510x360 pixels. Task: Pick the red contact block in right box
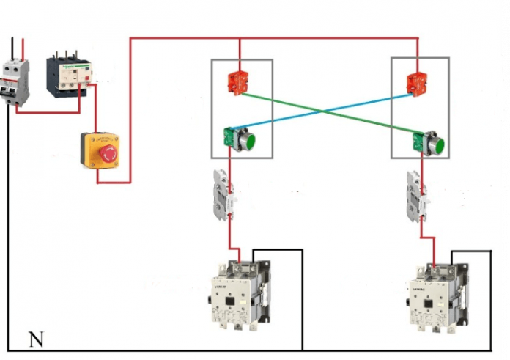pos(418,82)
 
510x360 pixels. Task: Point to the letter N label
pos(35,339)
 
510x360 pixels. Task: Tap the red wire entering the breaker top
pos(22,51)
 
